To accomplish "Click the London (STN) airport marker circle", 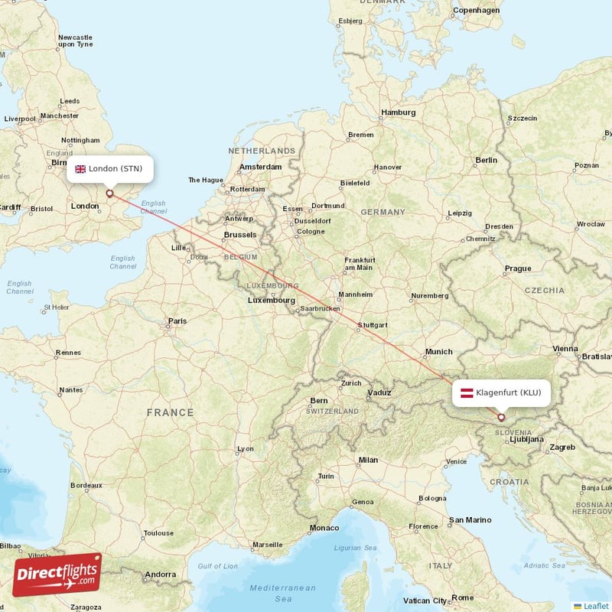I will [x=109, y=194].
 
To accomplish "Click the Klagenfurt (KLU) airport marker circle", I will [x=501, y=417].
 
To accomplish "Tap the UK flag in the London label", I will [x=80, y=169].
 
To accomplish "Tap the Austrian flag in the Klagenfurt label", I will [x=465, y=393].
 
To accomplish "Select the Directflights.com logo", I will [x=57, y=575].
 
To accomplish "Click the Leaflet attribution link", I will [x=595, y=606].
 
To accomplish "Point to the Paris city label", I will [x=177, y=321].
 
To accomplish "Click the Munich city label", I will [x=439, y=352].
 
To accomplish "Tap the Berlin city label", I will [x=486, y=160].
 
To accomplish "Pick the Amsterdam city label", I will [x=259, y=167].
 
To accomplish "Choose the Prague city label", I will [x=517, y=269].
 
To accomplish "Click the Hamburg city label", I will [x=398, y=112].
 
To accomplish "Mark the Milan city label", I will [x=368, y=460].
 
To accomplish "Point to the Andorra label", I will [x=160, y=574].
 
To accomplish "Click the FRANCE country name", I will [x=171, y=412].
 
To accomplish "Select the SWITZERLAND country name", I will [x=333, y=411].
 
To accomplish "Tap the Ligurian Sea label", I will [x=356, y=548].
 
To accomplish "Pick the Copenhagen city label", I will [x=475, y=11].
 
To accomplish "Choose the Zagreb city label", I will [x=562, y=447].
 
